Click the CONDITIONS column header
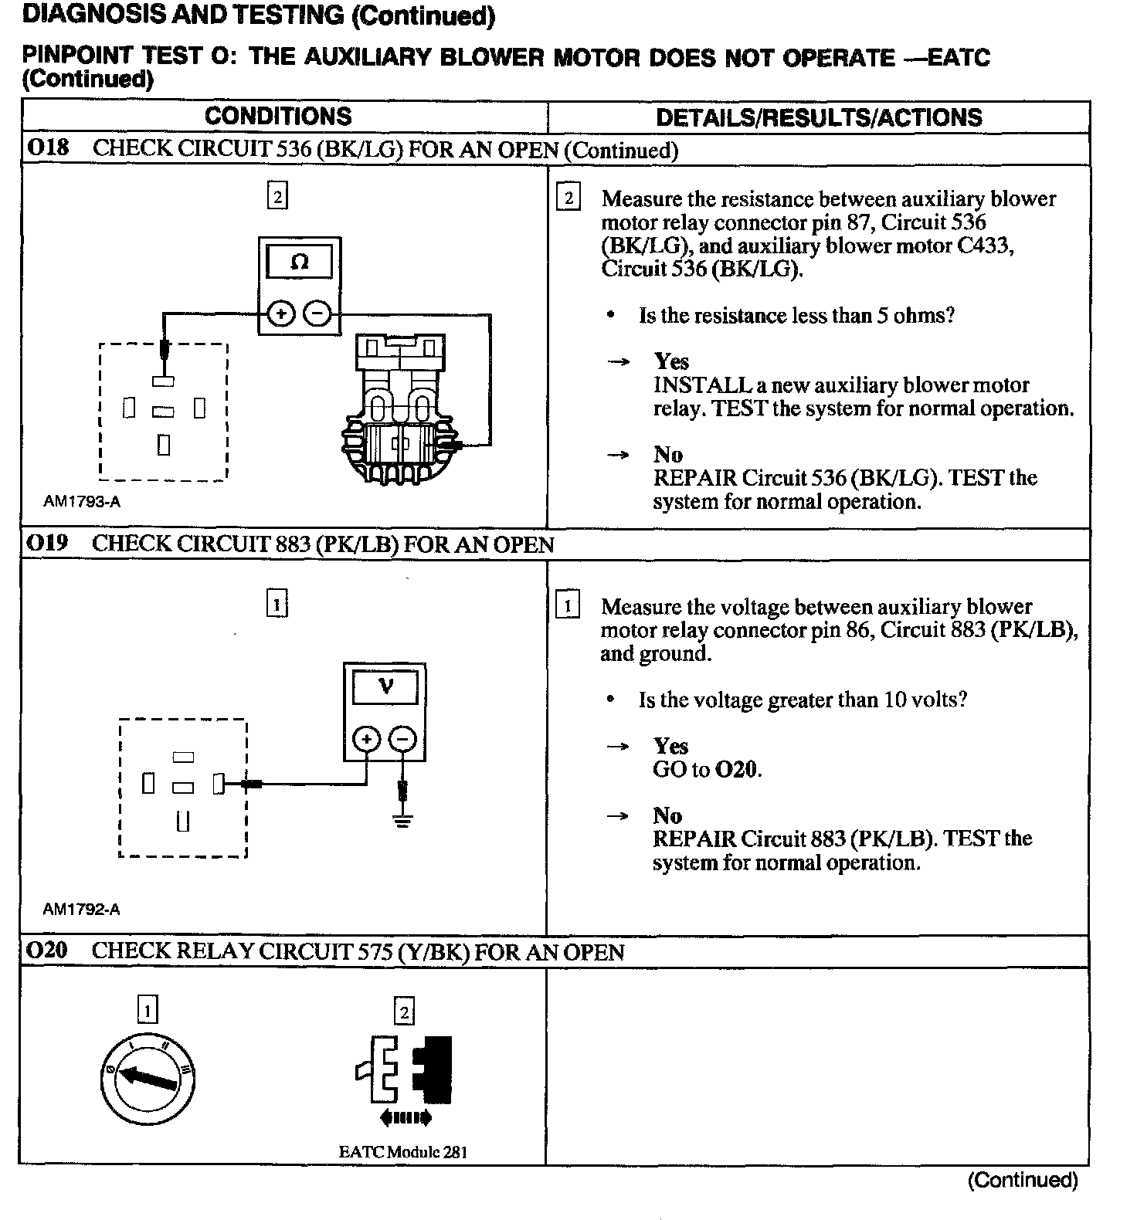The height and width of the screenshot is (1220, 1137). (x=278, y=117)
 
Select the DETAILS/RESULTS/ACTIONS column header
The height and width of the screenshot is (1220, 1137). (x=819, y=117)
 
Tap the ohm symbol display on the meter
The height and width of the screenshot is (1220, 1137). (x=299, y=263)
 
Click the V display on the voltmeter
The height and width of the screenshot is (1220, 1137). (x=385, y=686)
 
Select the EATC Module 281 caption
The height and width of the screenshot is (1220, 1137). (x=402, y=1152)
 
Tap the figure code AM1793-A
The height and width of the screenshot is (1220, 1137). (x=82, y=501)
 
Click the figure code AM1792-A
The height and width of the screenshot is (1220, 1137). (x=82, y=909)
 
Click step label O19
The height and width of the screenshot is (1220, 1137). (x=48, y=544)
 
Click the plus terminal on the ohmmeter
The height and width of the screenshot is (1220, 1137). (x=281, y=314)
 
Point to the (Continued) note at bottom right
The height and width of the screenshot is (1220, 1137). (x=1023, y=1180)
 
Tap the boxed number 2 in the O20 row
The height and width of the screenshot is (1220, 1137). (x=404, y=1012)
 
